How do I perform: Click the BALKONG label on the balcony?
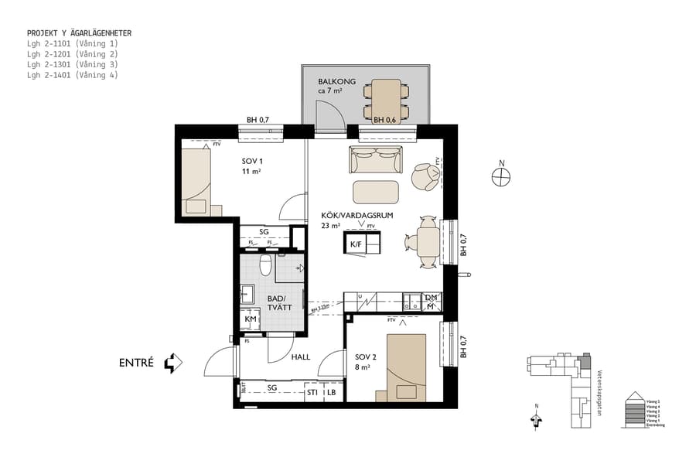coord(336,81)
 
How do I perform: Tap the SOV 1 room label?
coord(251,161)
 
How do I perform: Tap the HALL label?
coord(301,357)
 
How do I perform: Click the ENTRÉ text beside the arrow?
coord(137,363)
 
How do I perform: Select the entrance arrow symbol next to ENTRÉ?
coord(173,363)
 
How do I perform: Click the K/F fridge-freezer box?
coord(356,244)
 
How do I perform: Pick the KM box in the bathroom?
coord(251,319)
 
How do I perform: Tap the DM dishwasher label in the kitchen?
coord(431,298)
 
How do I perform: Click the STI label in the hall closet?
coord(312,392)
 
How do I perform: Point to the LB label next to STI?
coord(332,392)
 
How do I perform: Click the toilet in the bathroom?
coord(265,267)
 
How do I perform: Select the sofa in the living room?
coord(375,160)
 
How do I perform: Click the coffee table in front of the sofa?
coord(376,191)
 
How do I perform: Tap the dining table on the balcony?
coord(386,99)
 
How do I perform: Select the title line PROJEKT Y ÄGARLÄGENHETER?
coord(79,33)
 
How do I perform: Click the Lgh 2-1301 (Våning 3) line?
coord(72,65)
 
